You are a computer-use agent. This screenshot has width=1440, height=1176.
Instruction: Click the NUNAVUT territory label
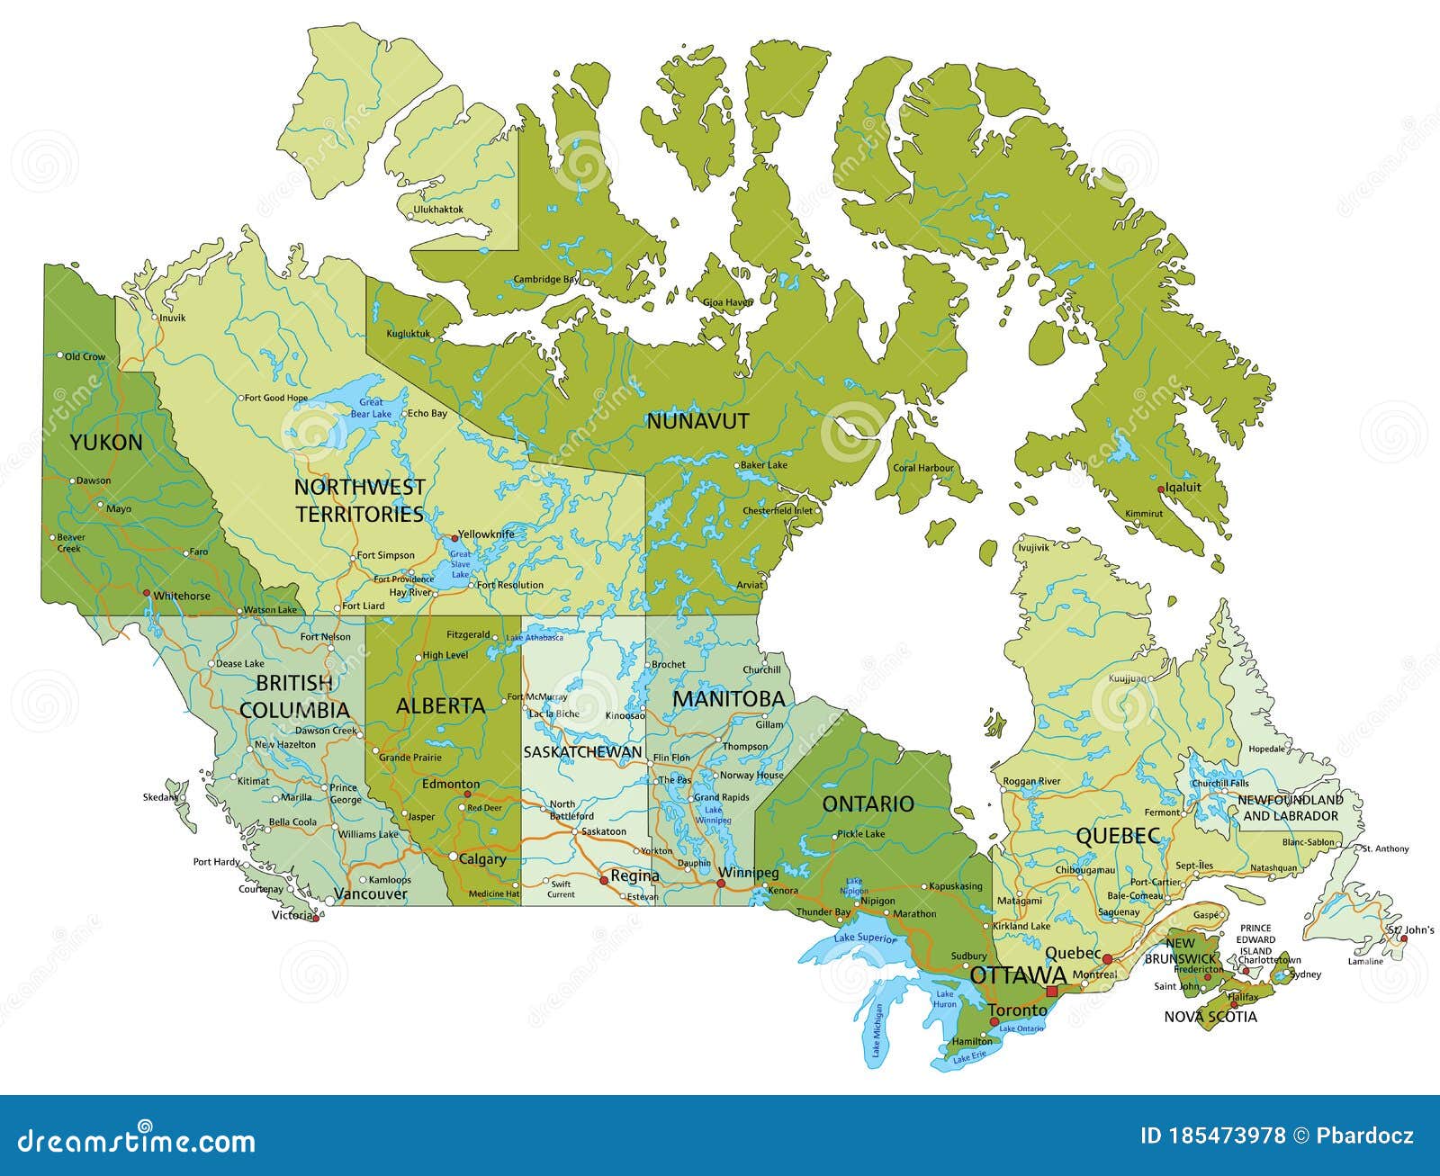tap(697, 421)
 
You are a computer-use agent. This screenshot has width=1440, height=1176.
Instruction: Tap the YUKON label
tap(106, 442)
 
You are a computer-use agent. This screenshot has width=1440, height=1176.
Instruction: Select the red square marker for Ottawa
tap(1051, 991)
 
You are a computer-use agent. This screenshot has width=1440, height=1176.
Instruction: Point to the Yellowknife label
tap(487, 534)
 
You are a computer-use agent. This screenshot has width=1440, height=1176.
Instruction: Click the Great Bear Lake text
tap(371, 408)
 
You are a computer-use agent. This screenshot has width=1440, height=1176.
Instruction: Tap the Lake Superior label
tap(865, 938)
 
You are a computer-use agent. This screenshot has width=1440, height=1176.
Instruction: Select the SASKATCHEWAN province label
tap(582, 752)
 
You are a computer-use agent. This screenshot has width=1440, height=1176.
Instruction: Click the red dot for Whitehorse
tap(146, 592)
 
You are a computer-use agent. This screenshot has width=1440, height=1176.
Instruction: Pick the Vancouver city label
tap(371, 894)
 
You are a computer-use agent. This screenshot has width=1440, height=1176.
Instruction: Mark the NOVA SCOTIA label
tap(1210, 1017)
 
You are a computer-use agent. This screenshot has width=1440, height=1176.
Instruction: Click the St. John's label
tap(1410, 929)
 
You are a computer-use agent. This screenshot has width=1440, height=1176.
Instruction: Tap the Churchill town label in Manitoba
tap(761, 669)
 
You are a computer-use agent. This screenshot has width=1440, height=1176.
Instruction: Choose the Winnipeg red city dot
tap(721, 884)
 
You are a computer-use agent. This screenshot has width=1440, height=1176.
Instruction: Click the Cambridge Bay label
tap(546, 280)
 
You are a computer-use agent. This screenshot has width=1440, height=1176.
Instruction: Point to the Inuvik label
tap(172, 318)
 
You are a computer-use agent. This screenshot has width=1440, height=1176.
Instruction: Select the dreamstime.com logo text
tap(131, 1142)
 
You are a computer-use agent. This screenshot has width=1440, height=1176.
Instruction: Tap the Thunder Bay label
tap(823, 912)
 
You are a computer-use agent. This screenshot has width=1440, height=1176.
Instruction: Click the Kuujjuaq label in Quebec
tap(1128, 678)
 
